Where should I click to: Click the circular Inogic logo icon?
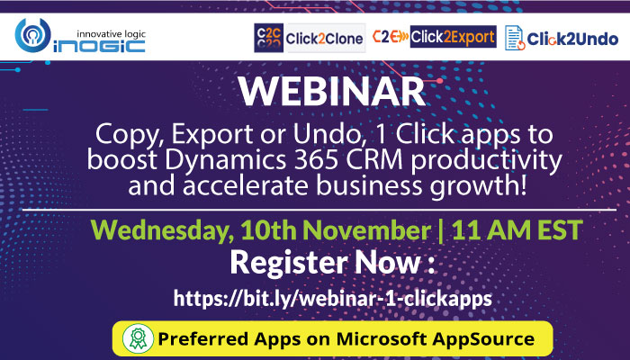click(x=33, y=35)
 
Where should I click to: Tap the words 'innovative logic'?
click(x=111, y=34)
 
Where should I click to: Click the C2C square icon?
click(x=268, y=38)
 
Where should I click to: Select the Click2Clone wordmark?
click(x=324, y=39)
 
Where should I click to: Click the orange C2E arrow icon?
click(x=390, y=37)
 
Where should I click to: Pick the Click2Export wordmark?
click(x=453, y=37)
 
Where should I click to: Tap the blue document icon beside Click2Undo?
click(x=515, y=38)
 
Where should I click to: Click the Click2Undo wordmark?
click(x=572, y=39)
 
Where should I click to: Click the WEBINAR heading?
click(x=331, y=92)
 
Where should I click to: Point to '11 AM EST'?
click(x=517, y=229)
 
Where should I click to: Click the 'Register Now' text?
click(x=326, y=262)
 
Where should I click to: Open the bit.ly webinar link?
click(x=333, y=299)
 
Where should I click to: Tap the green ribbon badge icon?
click(x=139, y=338)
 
